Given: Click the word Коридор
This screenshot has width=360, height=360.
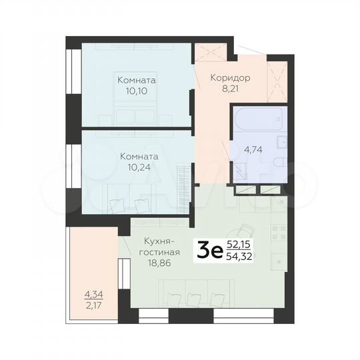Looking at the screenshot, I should (230, 77).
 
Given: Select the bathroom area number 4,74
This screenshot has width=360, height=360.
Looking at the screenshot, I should (253, 149).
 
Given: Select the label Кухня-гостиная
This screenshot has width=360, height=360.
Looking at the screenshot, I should (161, 247).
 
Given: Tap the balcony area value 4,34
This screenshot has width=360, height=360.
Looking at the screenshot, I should (94, 294).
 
